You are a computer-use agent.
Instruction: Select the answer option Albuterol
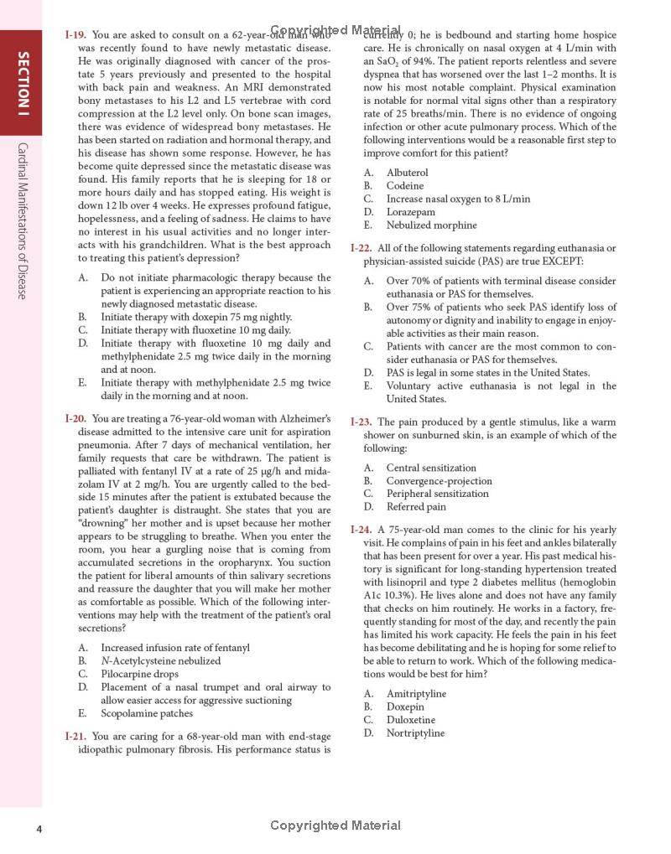pyautogui.click(x=407, y=173)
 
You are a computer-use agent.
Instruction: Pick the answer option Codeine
pyautogui.click(x=405, y=186)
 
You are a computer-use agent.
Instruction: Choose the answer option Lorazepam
pyautogui.click(x=409, y=212)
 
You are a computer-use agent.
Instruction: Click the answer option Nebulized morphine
pyautogui.click(x=431, y=225)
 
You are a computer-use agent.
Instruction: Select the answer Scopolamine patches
pyautogui.click(x=147, y=713)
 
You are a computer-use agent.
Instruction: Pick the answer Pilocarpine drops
pyautogui.click(x=139, y=674)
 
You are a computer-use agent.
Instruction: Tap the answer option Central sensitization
pyautogui.click(x=431, y=468)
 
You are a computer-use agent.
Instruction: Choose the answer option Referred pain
pyautogui.click(x=416, y=506)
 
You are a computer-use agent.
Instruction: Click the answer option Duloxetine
pyautogui.click(x=410, y=720)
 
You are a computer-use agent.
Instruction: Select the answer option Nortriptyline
pyautogui.click(x=415, y=733)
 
